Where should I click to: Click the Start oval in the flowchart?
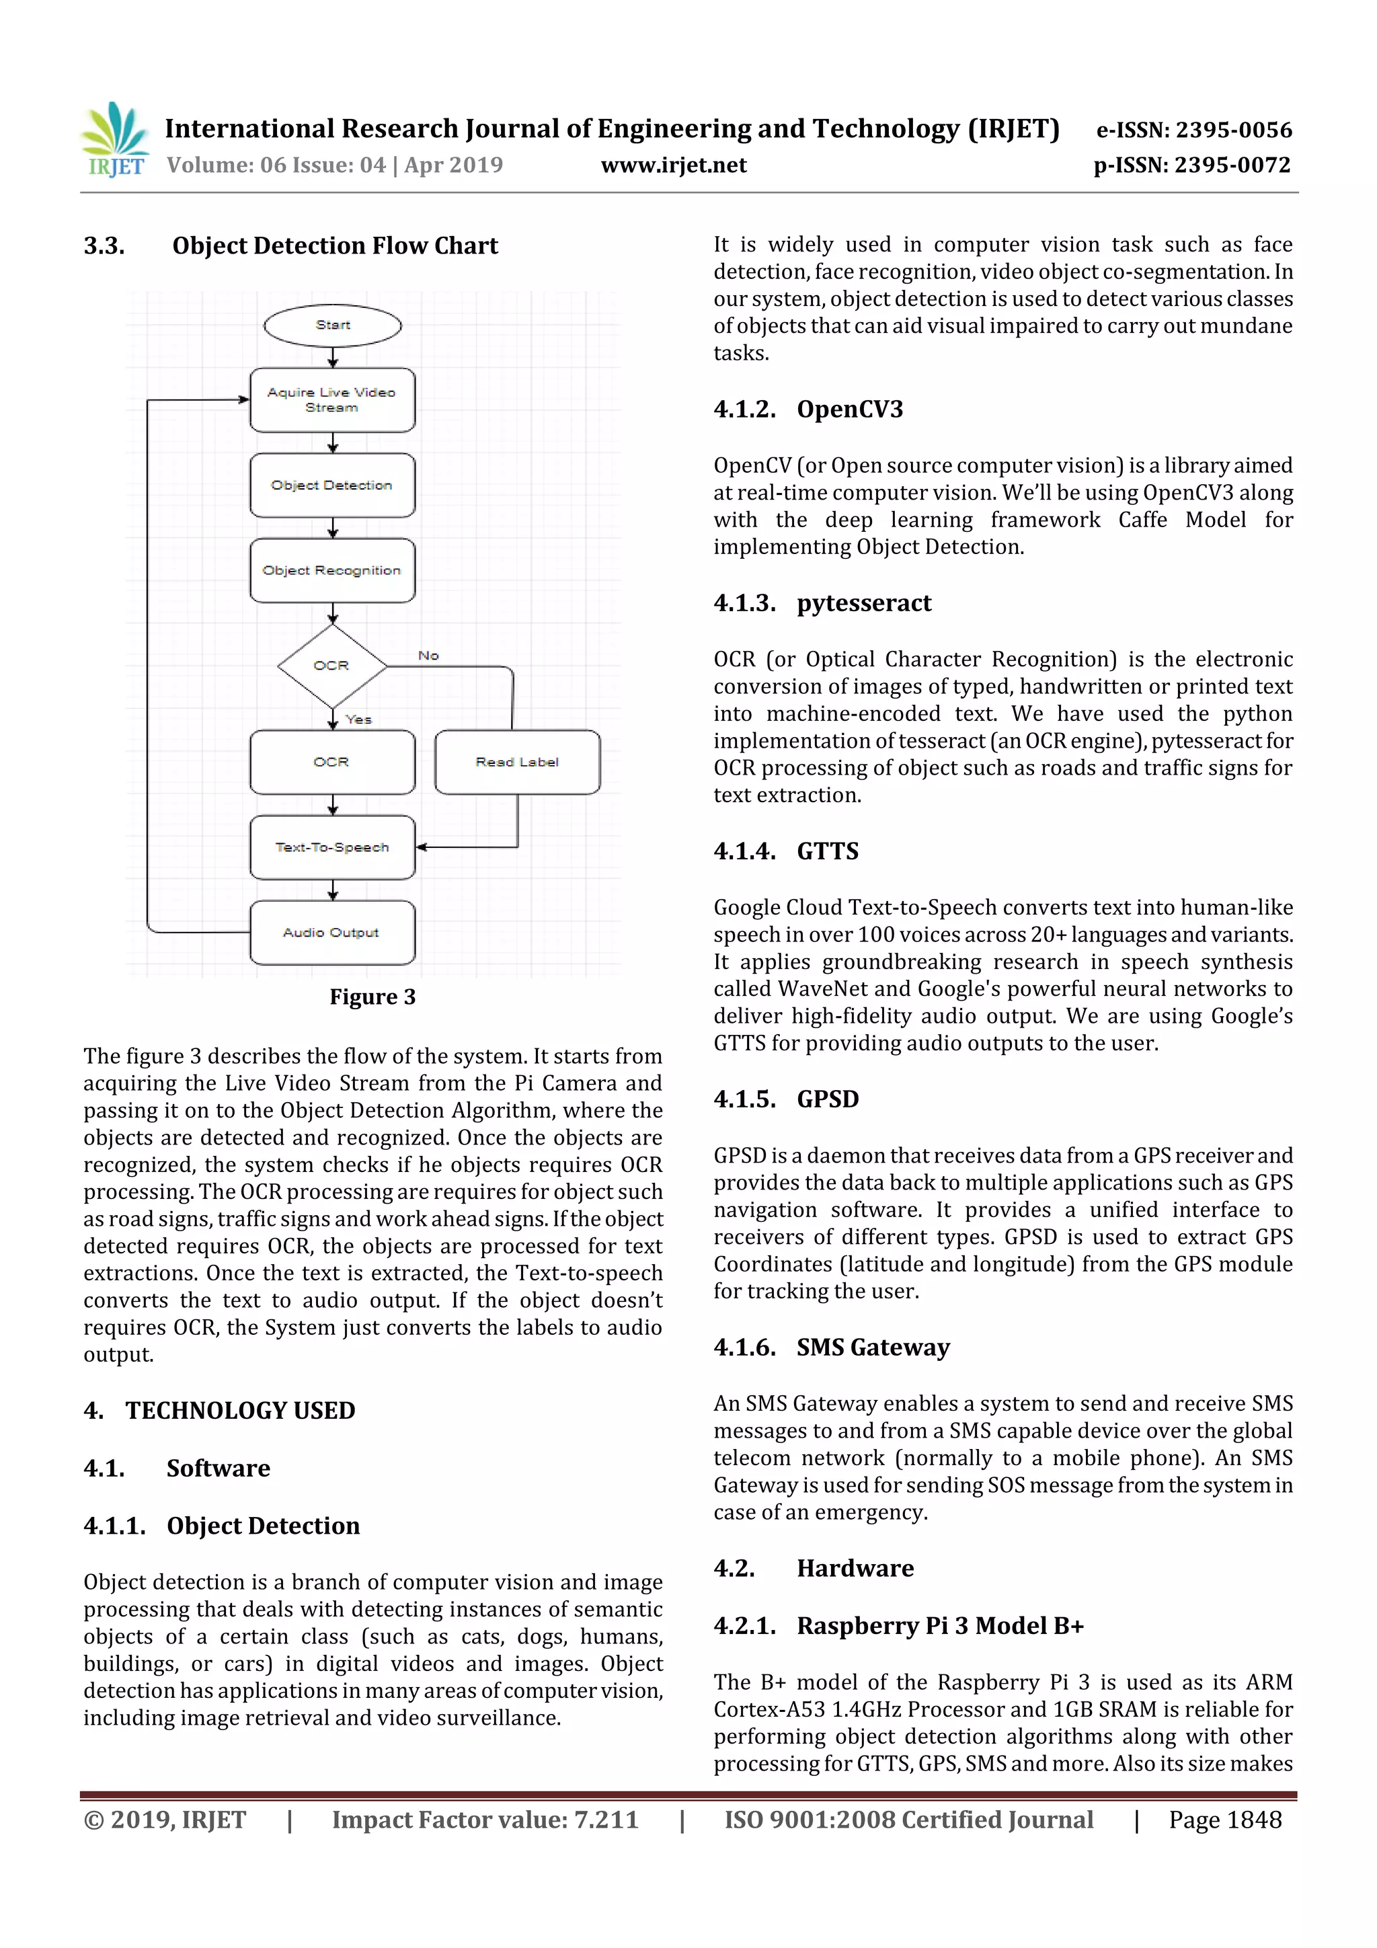[x=333, y=325]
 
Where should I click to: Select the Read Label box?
[x=516, y=762]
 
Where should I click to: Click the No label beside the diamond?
[x=428, y=656]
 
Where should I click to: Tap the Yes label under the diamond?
[x=359, y=719]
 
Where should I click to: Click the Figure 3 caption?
[x=372, y=997]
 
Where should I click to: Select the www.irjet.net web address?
[x=674, y=165]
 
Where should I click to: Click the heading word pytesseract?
[x=864, y=602]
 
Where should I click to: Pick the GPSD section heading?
[x=827, y=1099]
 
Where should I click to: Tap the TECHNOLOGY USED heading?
[x=240, y=1410]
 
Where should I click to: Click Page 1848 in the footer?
[x=1224, y=1819]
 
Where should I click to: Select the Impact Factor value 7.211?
[x=485, y=1819]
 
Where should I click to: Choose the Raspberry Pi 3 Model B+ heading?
[x=940, y=1626]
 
